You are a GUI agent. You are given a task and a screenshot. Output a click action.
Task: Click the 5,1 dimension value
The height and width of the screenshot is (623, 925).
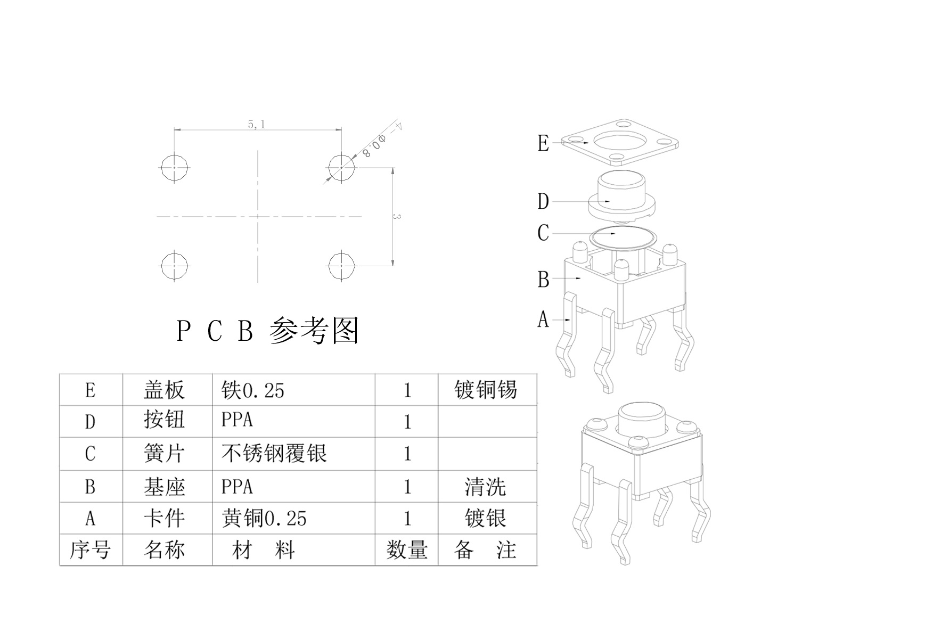coord(256,125)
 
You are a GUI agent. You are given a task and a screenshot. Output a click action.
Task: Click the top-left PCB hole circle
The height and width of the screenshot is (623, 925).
coord(175,168)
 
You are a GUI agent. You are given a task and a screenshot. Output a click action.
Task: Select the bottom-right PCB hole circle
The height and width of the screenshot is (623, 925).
coord(341,265)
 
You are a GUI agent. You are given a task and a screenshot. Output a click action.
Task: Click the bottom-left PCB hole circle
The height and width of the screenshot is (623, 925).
coord(175,265)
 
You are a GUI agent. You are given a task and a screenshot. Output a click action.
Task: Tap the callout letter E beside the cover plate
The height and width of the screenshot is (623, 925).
coord(543,143)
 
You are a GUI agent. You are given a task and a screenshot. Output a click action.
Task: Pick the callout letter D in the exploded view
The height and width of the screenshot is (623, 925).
coord(543,202)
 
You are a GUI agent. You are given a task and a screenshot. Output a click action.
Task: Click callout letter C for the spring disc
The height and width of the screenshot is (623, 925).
coord(543,233)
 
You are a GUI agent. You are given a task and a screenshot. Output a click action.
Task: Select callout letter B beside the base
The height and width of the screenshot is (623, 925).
coord(543,279)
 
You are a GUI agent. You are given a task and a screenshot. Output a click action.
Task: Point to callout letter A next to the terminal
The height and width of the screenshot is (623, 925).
coord(543,319)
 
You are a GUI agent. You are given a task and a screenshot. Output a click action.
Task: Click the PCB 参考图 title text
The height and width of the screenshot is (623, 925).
coord(268,331)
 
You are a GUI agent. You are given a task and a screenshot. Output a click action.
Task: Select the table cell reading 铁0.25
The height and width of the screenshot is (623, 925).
coord(253,390)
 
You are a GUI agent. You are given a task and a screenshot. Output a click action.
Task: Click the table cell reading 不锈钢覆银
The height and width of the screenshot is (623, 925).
coord(274,454)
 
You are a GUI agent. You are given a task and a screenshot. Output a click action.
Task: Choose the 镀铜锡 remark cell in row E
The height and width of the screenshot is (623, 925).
coord(486,390)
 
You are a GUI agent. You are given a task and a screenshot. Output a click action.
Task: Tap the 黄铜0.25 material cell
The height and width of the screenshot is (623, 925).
coord(264,518)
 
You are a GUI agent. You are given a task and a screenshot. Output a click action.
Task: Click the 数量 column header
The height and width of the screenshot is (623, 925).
coord(407,550)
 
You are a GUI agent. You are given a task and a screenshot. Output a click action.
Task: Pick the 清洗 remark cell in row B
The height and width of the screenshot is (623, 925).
coord(485,487)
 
